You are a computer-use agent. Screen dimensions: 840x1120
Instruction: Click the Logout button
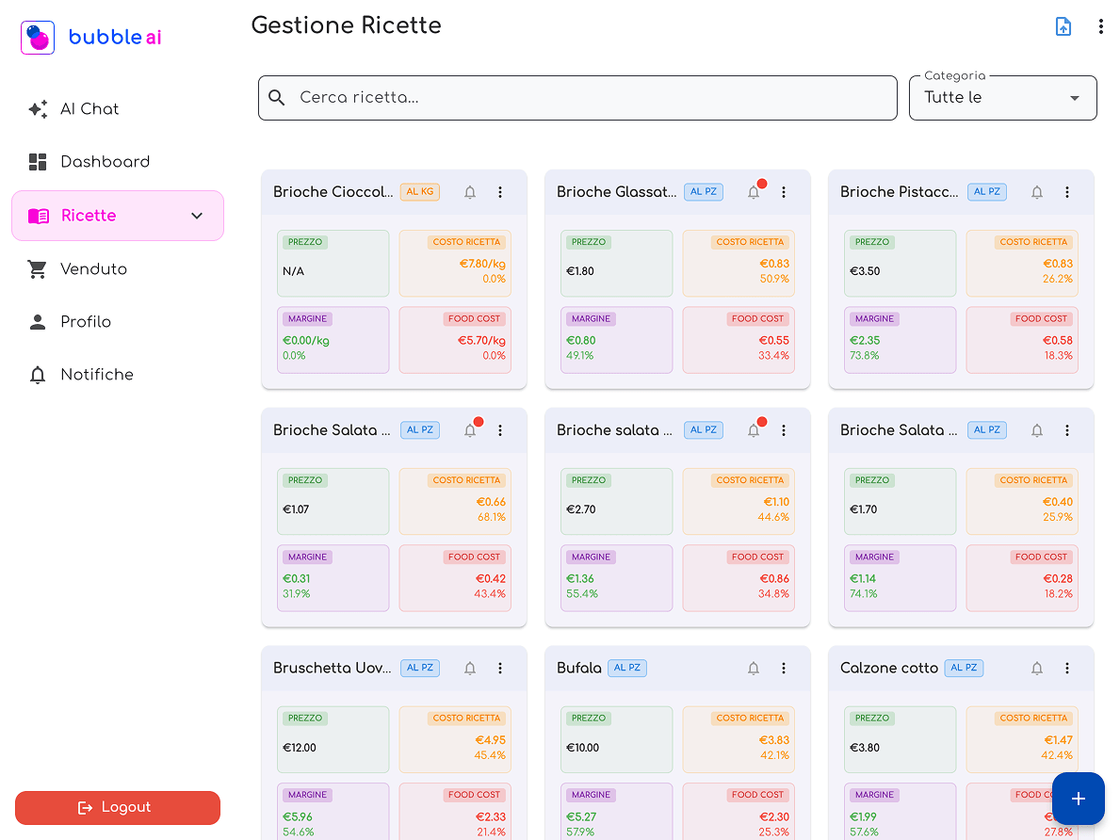(x=118, y=807)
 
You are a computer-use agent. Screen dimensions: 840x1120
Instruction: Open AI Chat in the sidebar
(x=89, y=109)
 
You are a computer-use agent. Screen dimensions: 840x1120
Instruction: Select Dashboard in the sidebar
(x=104, y=162)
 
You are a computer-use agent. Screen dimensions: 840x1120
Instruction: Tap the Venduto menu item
(x=92, y=269)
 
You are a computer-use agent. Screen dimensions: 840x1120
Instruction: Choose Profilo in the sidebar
(x=85, y=322)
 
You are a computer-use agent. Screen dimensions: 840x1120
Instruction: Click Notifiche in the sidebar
(x=96, y=375)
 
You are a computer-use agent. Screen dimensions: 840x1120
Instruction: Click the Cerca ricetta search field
(x=577, y=98)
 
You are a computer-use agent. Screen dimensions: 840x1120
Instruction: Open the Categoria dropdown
(x=1002, y=98)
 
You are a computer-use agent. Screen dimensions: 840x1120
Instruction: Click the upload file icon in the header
(x=1063, y=26)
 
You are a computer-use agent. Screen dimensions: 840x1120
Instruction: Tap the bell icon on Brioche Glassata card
(x=754, y=192)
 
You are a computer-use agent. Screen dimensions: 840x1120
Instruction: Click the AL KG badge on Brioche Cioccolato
(x=419, y=192)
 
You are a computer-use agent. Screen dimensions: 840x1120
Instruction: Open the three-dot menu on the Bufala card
(x=784, y=669)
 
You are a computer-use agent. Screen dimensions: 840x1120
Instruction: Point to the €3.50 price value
(x=864, y=271)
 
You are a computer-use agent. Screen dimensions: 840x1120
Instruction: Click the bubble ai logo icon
(x=38, y=38)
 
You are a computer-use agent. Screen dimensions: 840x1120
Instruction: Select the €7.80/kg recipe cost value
(x=481, y=264)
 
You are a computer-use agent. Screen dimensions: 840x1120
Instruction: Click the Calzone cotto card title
(x=888, y=669)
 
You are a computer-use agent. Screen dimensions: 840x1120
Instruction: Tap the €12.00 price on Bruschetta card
(x=300, y=748)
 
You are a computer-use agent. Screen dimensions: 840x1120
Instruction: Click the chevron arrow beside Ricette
(x=197, y=216)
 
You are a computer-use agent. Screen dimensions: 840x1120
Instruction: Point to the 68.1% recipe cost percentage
(x=491, y=517)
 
